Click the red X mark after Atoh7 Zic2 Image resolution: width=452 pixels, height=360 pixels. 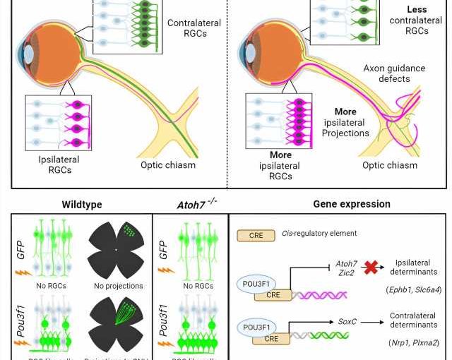[369, 268]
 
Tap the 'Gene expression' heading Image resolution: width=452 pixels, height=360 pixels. [352, 204]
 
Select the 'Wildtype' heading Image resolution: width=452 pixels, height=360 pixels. [82, 205]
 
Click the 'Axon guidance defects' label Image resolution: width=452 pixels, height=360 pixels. [395, 73]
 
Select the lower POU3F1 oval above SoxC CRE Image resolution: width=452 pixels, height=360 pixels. [256, 328]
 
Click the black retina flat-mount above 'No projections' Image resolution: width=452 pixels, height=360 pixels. [117, 251]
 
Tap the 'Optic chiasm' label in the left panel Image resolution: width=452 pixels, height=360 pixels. [167, 165]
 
